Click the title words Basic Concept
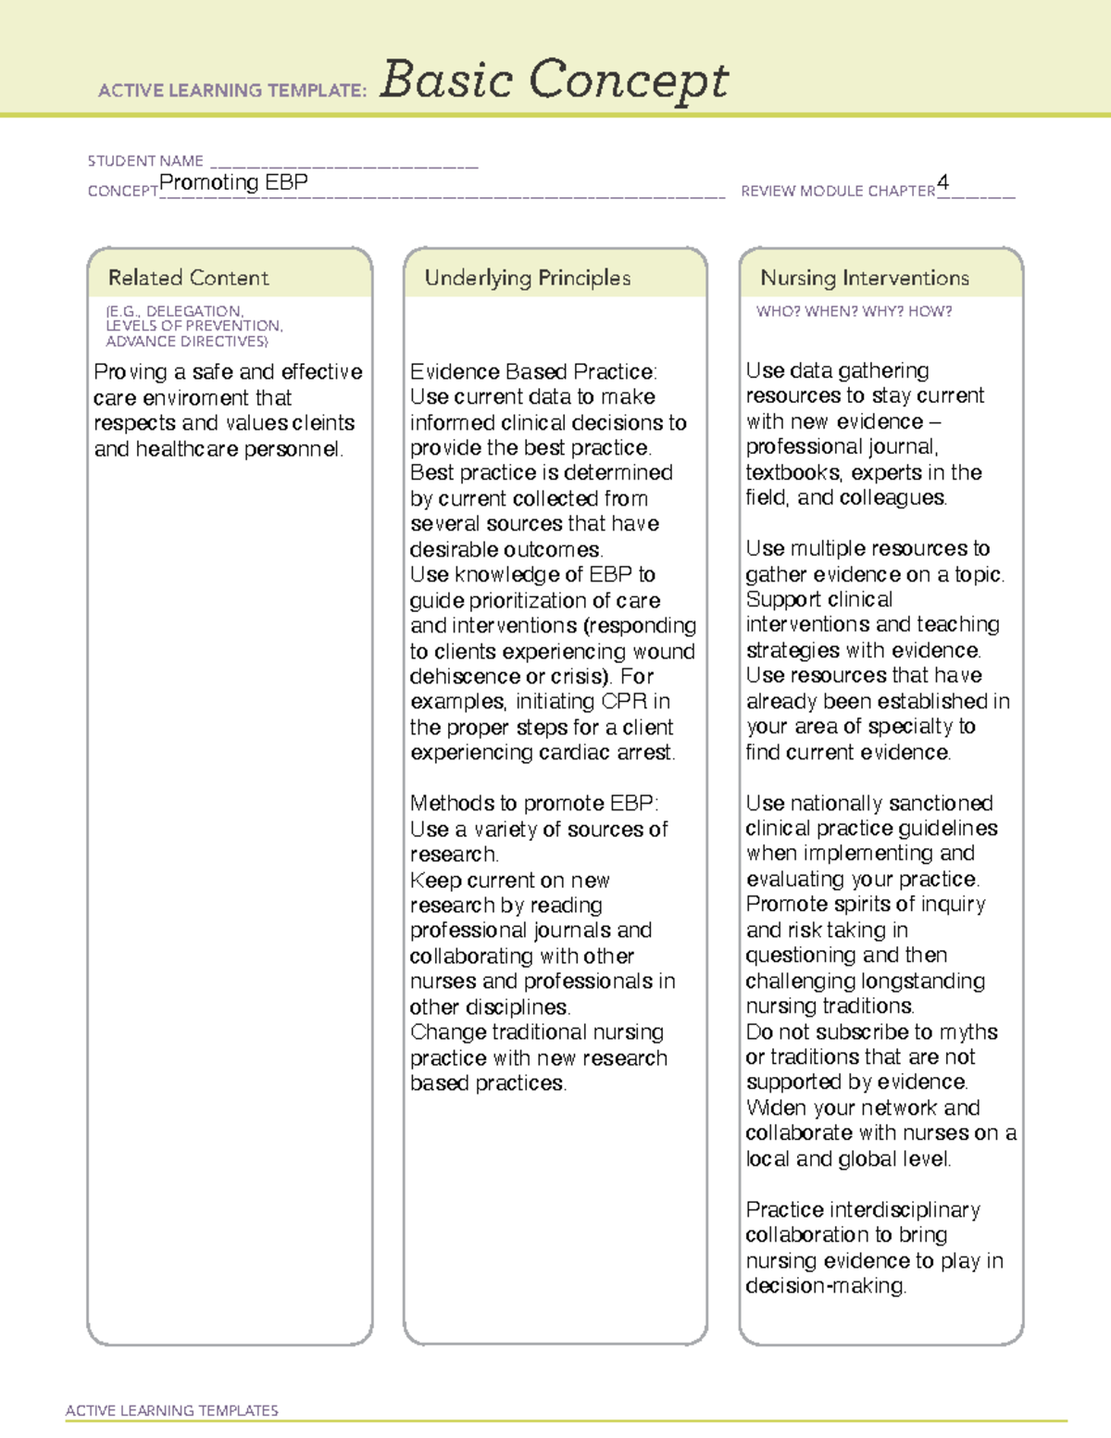(x=554, y=81)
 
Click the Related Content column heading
(x=188, y=278)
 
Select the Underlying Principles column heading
(x=527, y=278)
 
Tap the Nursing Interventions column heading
(x=864, y=278)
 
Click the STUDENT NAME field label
(x=145, y=161)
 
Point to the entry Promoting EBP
(x=233, y=182)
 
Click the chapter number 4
(x=942, y=182)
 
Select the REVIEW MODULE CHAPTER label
(x=838, y=191)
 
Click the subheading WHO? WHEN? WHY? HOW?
(x=854, y=311)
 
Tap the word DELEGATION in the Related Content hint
(x=193, y=311)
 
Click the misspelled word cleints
(x=323, y=423)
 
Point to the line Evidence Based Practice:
(x=533, y=372)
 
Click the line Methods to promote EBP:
(x=534, y=803)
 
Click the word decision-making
(x=826, y=1286)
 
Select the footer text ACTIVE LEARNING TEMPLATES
(x=172, y=1410)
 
